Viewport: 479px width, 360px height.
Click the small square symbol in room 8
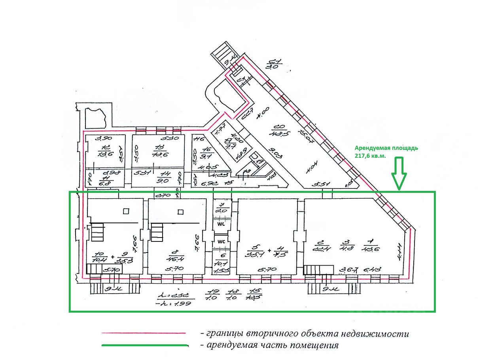pyautogui.click(x=180, y=212)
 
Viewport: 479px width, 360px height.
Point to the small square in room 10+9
pyautogui.click(x=126, y=211)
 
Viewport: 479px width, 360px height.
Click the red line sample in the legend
pyautogui.click(x=144, y=334)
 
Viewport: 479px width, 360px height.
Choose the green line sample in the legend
pyautogui.click(x=144, y=345)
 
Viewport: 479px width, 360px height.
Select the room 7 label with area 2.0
pyautogui.click(x=222, y=207)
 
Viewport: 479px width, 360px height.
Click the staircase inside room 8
pyautogui.click(x=157, y=232)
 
